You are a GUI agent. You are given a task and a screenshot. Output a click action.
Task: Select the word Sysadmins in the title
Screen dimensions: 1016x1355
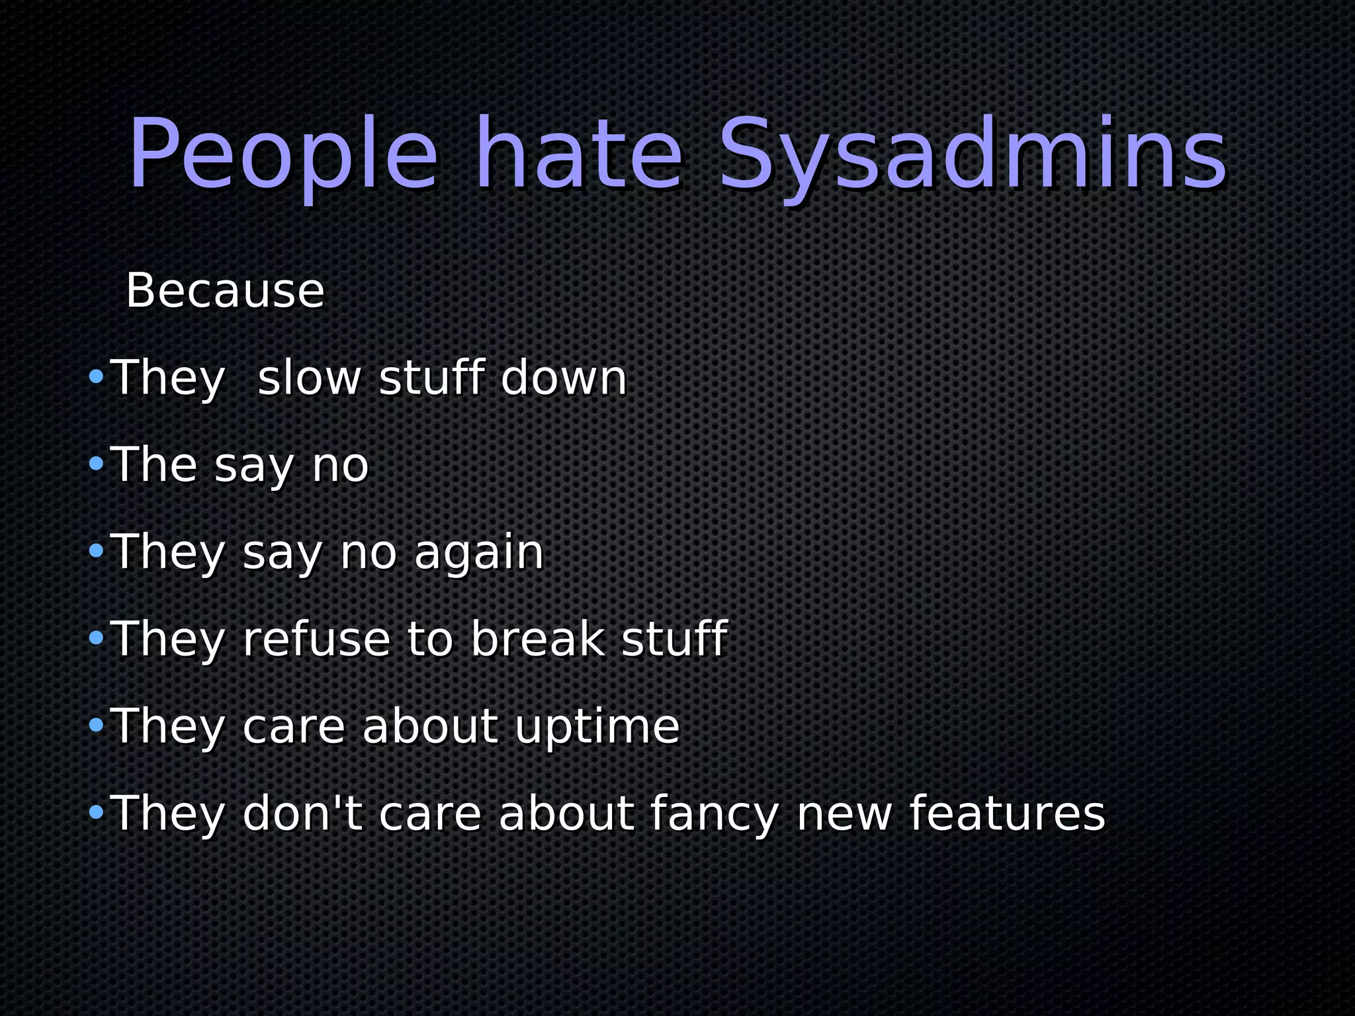972,155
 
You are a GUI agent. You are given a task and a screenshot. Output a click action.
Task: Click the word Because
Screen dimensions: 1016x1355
225,290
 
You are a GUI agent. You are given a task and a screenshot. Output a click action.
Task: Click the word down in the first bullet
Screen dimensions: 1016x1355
563,378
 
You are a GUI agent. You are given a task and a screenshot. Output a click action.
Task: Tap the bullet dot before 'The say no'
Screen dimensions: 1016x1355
97,464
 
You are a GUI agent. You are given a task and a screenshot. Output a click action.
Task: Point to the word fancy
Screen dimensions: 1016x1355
714,815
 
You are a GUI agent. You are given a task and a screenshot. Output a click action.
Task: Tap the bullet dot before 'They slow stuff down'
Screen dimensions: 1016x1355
97,378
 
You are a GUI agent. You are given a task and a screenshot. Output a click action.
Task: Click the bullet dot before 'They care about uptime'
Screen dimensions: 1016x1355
97,726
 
